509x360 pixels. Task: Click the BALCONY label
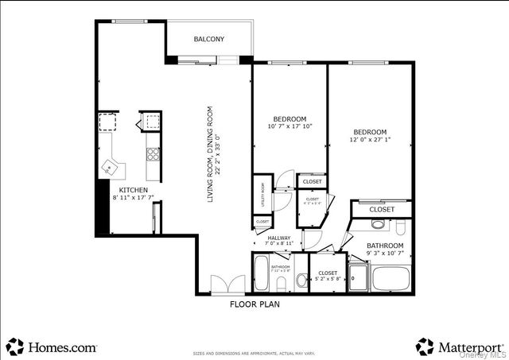tap(208, 39)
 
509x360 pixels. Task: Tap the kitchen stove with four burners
tap(152, 153)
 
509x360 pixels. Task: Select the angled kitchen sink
tap(109, 168)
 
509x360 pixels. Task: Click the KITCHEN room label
tap(133, 191)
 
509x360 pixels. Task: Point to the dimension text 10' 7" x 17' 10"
tap(289, 126)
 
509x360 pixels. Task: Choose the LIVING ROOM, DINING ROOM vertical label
tap(212, 154)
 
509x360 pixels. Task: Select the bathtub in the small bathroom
tap(262, 275)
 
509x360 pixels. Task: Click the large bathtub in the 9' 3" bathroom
tap(390, 278)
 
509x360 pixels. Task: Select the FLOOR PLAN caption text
tap(254, 304)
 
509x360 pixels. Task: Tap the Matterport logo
tap(459, 346)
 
